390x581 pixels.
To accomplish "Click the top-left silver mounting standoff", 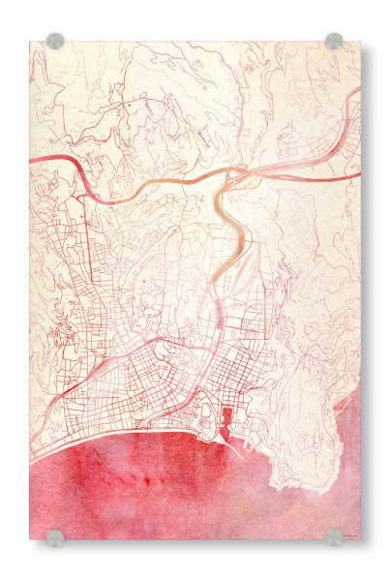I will click(55, 42).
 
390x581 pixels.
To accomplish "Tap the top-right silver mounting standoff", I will click(334, 42).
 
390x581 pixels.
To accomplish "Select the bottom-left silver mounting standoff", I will click(55, 537).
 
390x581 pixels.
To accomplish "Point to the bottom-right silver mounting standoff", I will click(334, 537).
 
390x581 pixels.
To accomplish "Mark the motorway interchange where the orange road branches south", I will click(232, 175).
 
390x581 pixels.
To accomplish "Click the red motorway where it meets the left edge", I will click(32, 159).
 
